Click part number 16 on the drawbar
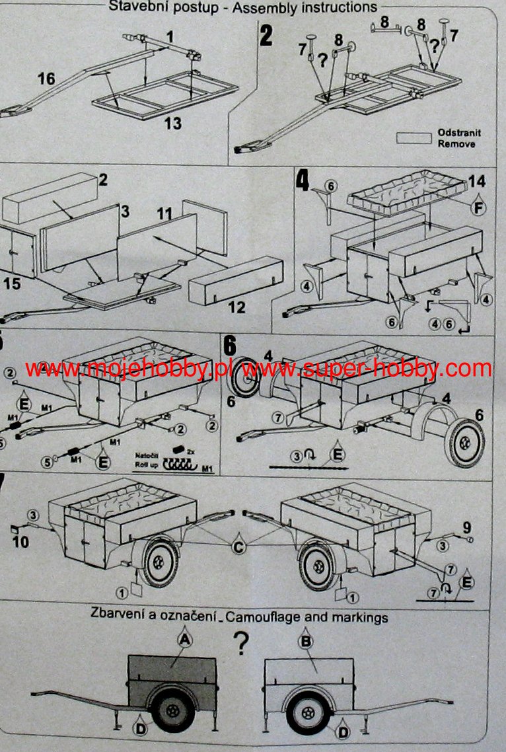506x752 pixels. pos(46,79)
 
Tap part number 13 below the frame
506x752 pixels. pos(173,124)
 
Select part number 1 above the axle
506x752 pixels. pos(170,38)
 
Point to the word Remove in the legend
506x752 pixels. pos(456,143)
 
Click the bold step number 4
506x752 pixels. pos(303,181)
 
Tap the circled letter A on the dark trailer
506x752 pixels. pos(184,640)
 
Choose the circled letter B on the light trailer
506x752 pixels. pos(306,641)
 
